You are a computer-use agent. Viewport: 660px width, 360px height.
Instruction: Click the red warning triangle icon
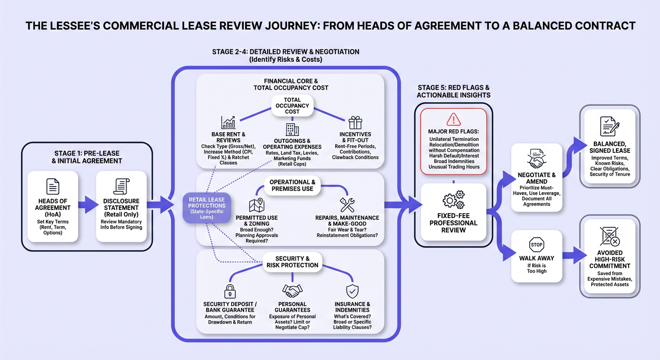tap(453, 120)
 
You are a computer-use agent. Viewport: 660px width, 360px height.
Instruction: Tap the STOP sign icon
tap(536, 244)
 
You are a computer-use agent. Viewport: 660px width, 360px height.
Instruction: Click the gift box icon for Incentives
tap(355, 123)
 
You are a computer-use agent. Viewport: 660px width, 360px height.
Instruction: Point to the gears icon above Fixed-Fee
tap(453, 199)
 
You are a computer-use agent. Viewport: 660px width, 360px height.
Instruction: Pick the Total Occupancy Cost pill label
tap(292, 105)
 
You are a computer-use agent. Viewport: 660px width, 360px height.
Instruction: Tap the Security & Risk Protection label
tap(292, 262)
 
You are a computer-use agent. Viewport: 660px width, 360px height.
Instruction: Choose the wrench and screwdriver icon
tap(347, 205)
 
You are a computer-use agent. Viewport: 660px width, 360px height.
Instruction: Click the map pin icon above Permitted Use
tap(257, 205)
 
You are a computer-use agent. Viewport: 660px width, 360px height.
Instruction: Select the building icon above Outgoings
tap(292, 129)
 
